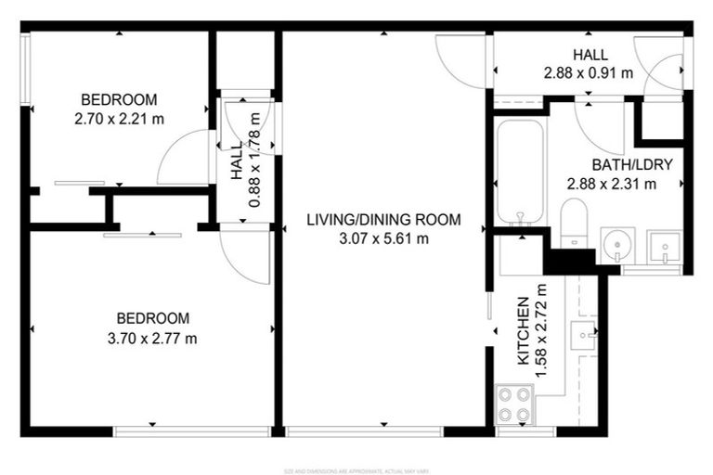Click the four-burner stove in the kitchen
point(513,404)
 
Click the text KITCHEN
point(523,331)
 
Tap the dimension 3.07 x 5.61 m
point(383,238)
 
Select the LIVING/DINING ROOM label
point(383,220)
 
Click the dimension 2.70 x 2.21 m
point(118,119)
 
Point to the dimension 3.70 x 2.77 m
point(152,338)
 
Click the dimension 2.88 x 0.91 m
point(590,71)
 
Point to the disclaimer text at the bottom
point(356,469)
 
